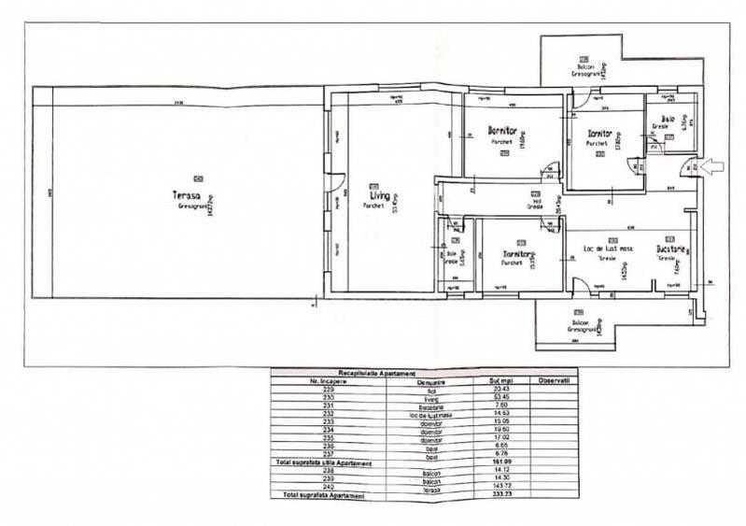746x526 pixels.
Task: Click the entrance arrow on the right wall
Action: pos(712,167)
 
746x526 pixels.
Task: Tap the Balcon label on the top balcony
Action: pos(585,68)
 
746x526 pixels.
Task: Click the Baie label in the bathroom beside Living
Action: pos(452,253)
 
